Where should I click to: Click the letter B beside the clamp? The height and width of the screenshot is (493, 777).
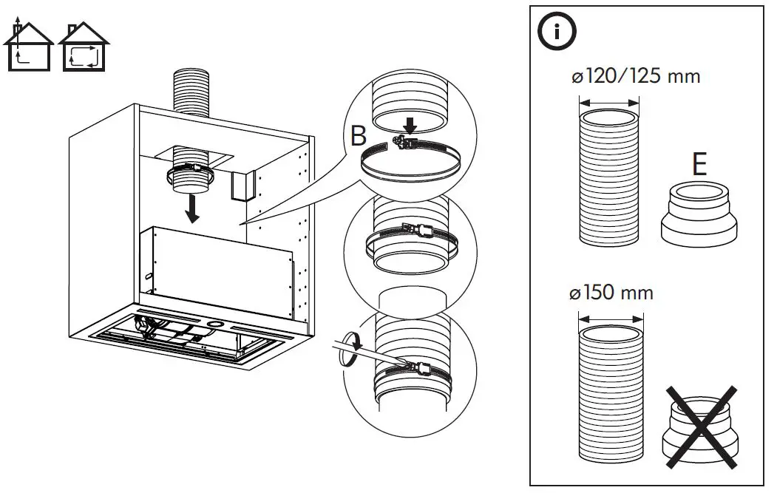point(359,136)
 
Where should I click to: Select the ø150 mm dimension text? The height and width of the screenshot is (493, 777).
point(611,293)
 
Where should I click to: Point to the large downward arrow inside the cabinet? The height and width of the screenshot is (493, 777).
point(193,208)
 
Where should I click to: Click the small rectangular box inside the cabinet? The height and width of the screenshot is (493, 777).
point(242,186)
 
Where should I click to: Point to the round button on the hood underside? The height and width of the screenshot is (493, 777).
point(215,324)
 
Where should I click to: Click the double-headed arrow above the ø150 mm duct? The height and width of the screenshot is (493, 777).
point(611,319)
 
